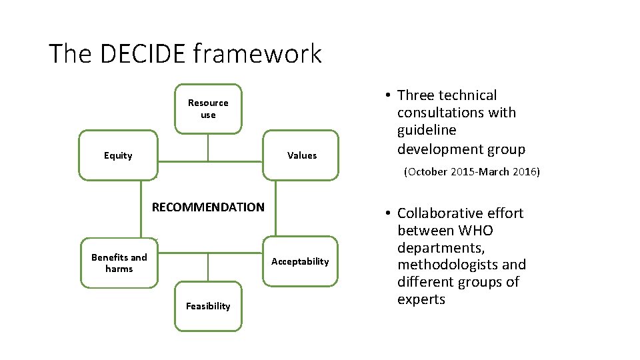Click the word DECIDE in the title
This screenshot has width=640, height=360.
[142, 54]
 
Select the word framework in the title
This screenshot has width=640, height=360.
[257, 54]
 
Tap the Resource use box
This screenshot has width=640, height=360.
[208, 109]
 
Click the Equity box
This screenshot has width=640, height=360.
[118, 155]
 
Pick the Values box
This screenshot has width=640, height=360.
[301, 155]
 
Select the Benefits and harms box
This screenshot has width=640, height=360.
[119, 263]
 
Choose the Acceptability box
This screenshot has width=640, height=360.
[300, 261]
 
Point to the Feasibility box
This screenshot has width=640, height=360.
[208, 306]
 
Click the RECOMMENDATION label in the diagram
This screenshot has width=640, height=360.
[208, 207]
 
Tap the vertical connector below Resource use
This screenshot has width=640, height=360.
[208, 147]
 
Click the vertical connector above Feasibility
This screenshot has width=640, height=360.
[208, 267]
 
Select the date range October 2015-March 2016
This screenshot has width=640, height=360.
[472, 172]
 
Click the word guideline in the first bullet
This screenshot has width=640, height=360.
[427, 131]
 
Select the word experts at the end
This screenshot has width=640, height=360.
[421, 300]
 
